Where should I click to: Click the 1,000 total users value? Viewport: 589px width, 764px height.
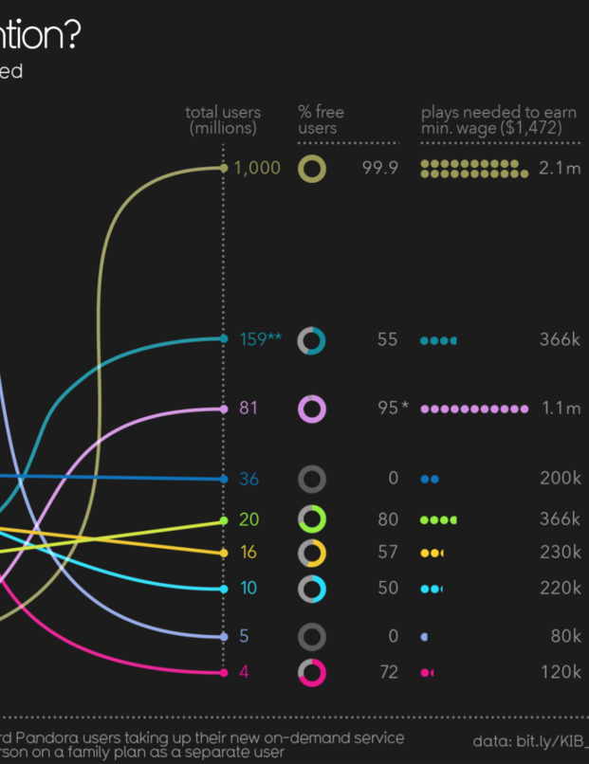(257, 168)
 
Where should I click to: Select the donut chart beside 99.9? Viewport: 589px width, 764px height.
(312, 169)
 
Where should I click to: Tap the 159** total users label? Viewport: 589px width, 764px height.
(260, 339)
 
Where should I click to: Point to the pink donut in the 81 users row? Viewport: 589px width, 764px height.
(312, 409)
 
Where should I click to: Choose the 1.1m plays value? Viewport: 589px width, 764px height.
(561, 409)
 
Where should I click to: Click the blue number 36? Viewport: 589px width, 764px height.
(248, 479)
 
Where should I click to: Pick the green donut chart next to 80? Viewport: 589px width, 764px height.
(312, 519)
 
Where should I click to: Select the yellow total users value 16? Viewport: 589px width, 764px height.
(248, 552)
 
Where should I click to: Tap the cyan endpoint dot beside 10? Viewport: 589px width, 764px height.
(224, 589)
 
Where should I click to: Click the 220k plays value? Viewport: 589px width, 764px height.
(560, 588)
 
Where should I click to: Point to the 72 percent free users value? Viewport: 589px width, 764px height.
(387, 672)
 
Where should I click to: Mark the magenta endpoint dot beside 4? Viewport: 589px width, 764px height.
(224, 672)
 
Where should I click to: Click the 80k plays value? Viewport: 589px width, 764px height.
(565, 636)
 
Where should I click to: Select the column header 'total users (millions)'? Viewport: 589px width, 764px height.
(223, 119)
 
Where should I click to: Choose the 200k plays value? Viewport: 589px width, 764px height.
(560, 479)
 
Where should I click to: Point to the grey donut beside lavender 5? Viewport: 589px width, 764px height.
(312, 636)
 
